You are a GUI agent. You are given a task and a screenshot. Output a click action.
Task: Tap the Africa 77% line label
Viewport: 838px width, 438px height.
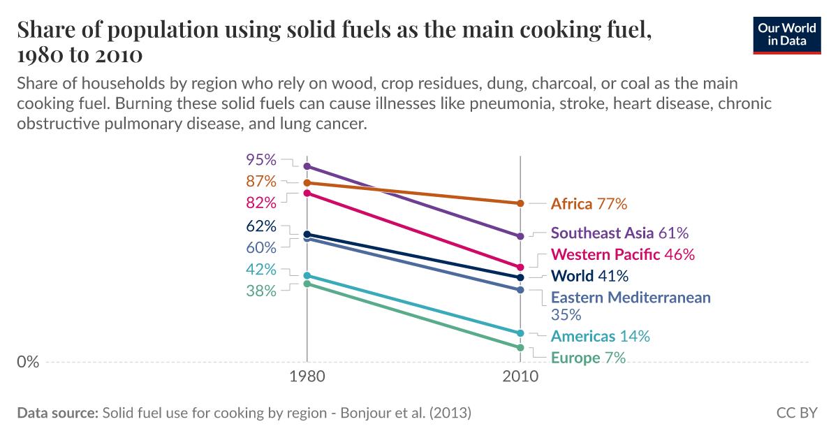point(589,204)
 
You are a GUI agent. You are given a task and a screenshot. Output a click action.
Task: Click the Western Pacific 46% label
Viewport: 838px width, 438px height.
point(623,254)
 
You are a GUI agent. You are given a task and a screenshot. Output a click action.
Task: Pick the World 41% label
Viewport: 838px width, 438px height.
point(589,276)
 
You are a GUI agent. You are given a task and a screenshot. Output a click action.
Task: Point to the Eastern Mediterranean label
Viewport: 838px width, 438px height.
point(631,298)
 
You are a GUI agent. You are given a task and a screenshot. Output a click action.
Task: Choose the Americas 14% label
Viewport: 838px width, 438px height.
point(600,336)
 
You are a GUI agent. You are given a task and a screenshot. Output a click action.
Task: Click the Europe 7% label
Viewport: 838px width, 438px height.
point(588,358)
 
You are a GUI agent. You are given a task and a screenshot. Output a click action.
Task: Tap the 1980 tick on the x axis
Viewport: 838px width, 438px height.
point(306,377)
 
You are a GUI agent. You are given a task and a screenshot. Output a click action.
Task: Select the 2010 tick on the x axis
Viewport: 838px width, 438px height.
point(520,377)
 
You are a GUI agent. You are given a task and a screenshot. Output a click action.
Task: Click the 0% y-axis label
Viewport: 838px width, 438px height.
point(28,363)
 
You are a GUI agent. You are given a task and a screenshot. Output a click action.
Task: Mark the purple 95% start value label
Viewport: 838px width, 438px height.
point(261,160)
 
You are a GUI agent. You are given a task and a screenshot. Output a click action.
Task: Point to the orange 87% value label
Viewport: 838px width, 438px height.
point(261,182)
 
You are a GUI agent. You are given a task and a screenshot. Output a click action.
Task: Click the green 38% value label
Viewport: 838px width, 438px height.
point(261,291)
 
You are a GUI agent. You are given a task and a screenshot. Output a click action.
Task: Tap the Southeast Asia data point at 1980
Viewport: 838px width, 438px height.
point(306,166)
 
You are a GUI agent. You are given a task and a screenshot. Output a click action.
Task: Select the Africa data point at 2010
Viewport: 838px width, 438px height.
point(520,203)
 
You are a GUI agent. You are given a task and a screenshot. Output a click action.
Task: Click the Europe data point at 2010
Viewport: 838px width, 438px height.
point(520,347)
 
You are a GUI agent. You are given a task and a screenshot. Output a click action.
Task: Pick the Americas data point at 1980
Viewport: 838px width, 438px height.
point(306,276)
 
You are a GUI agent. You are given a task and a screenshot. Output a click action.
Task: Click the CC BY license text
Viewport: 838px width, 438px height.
point(796,413)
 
